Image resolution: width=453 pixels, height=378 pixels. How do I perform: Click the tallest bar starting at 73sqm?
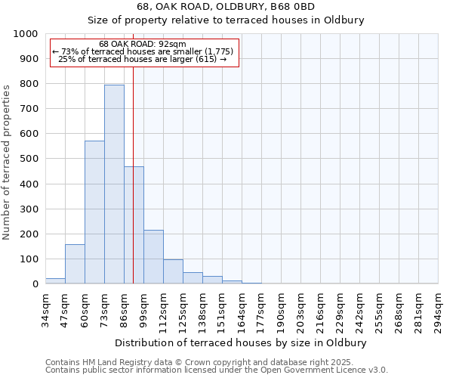[x=114, y=184]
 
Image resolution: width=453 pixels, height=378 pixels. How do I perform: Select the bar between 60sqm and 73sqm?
[x=94, y=212]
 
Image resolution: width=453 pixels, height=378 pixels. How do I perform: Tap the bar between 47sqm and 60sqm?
[x=75, y=264]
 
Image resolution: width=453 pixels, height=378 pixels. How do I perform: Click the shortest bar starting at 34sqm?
[x=55, y=280]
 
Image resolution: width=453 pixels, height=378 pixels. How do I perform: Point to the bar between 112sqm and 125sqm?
[x=173, y=271]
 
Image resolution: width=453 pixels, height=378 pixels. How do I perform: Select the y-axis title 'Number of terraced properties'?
[x=7, y=162]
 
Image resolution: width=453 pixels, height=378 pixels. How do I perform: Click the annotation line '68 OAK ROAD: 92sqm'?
[x=143, y=44]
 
